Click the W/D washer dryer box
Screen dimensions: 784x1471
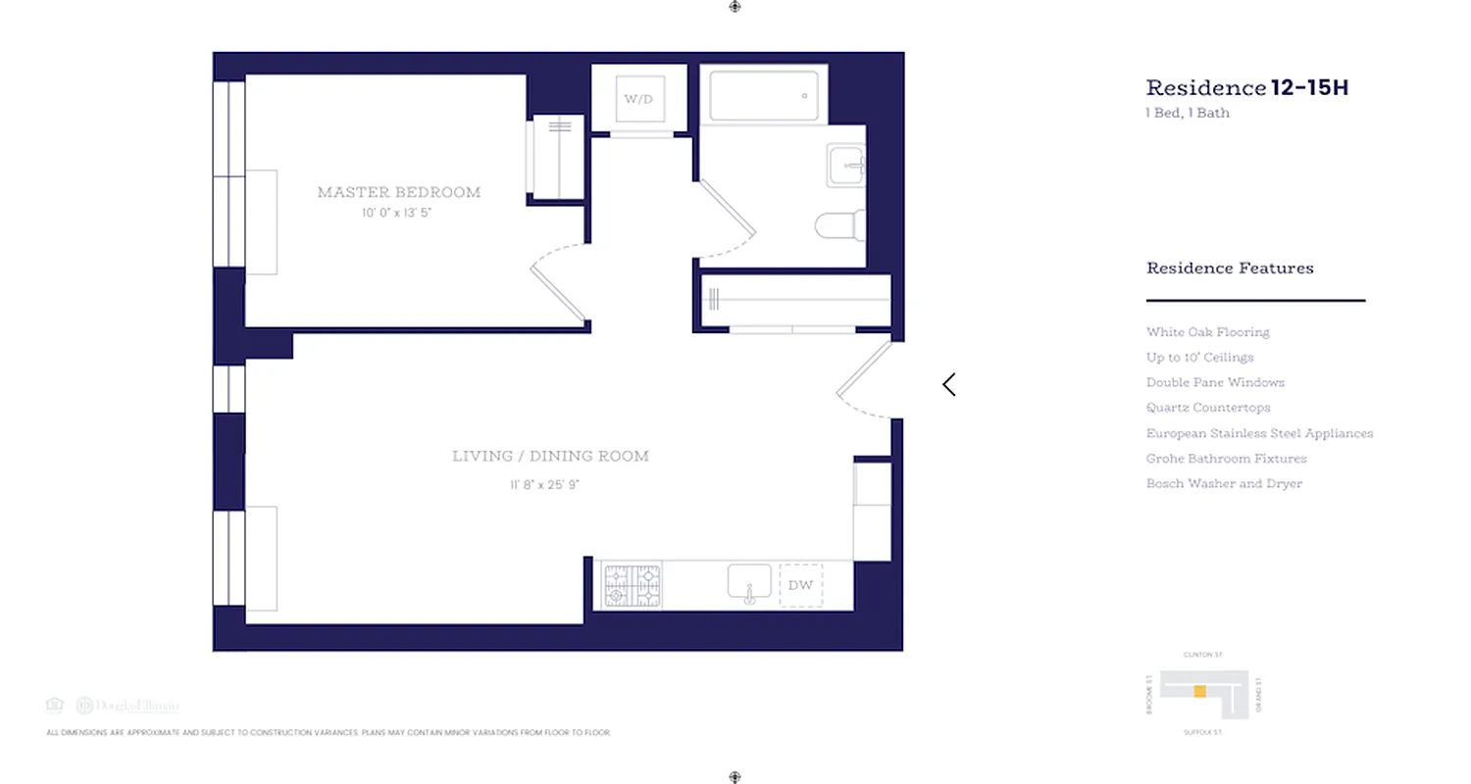pos(638,99)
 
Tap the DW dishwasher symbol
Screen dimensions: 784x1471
pos(800,585)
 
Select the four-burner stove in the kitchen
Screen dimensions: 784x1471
pos(632,586)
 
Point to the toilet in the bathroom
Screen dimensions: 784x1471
pos(839,225)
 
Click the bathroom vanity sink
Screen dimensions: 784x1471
pos(844,166)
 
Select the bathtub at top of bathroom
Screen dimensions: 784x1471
pos(763,96)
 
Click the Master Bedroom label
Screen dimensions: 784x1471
pos(399,192)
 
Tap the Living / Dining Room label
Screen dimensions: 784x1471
pos(550,456)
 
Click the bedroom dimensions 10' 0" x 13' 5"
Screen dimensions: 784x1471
pos(395,213)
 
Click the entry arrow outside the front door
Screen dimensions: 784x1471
pos(948,385)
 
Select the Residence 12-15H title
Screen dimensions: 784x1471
pos(1246,88)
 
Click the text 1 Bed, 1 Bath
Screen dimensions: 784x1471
pos(1188,113)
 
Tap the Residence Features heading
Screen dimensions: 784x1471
pos(1230,269)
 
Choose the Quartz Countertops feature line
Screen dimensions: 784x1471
pos(1208,408)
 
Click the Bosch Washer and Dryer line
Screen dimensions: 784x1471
pos(1224,483)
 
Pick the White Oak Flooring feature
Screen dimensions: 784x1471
pos(1207,332)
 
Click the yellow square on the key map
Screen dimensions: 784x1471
pos(1199,692)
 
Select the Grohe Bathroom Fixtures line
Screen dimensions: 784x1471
pos(1226,459)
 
